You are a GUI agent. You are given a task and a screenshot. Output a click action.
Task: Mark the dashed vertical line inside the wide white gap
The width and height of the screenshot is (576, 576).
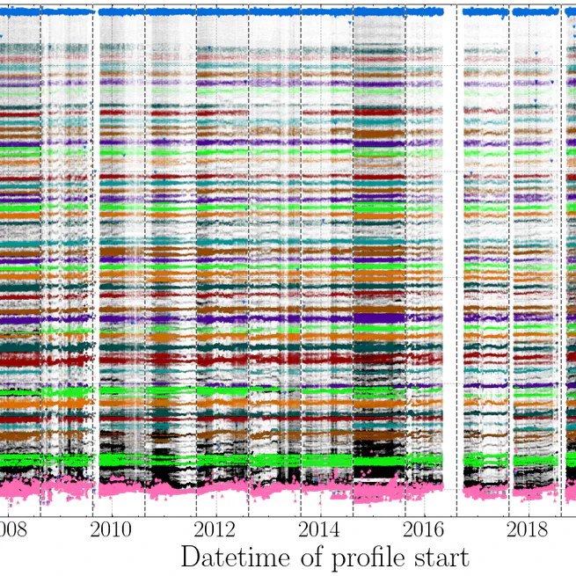tap(456, 264)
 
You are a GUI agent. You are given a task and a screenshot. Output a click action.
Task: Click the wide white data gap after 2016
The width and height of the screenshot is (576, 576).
tap(449, 264)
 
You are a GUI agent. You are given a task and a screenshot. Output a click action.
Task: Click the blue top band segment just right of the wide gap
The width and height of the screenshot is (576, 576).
tap(485, 12)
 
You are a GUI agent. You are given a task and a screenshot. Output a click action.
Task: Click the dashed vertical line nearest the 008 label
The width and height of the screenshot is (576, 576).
tap(40, 264)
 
